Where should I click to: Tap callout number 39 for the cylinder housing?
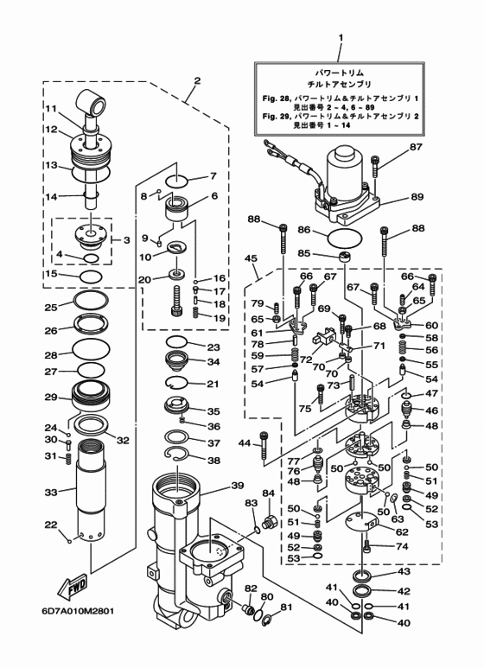pos(238,486)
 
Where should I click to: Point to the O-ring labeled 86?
pos(345,238)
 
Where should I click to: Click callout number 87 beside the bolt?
pos(416,147)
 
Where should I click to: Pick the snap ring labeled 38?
pos(176,455)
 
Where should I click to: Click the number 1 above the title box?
pos(341,38)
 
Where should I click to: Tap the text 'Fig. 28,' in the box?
pos(276,99)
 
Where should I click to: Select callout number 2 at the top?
pos(197,80)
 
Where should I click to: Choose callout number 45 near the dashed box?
pos(251,258)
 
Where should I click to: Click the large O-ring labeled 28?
pos(91,350)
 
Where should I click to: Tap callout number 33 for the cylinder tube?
pos(51,493)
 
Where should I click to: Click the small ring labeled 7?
pos(176,181)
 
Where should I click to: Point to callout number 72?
pos(305,359)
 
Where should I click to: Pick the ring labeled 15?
pos(91,277)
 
